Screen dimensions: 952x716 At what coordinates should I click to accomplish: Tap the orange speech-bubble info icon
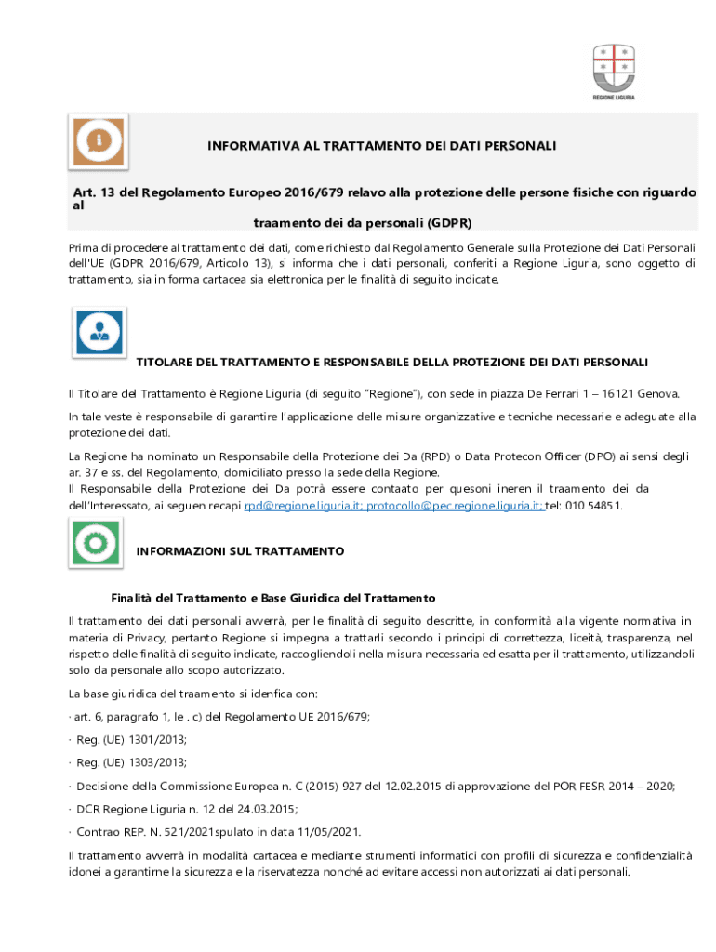pos(98,141)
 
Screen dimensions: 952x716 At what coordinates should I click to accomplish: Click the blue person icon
pos(99,332)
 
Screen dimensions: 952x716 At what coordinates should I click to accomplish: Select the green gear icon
pos(97,542)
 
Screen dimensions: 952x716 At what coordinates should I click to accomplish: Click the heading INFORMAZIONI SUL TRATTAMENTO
pos(240,551)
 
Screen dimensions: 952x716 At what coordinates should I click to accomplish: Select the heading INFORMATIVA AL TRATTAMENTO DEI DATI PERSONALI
pos(381,146)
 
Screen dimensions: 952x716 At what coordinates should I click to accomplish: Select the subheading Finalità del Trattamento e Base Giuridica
pos(273,597)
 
